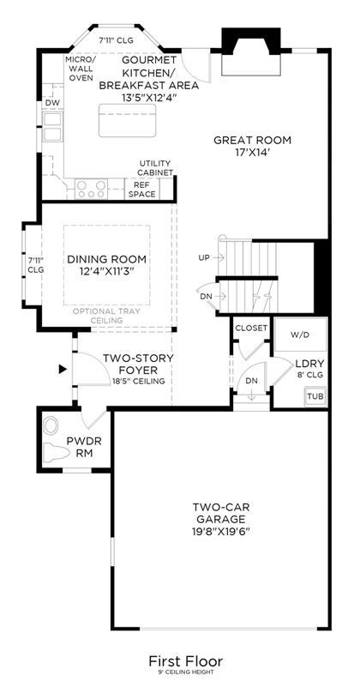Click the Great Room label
pos(252,146)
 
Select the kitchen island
pos(127,120)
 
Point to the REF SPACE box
pos(141,188)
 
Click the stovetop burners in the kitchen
pos(92,189)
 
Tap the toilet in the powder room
pos(57,452)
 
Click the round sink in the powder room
pos(51,425)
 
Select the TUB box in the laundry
pos(315,396)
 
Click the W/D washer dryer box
pos(300,335)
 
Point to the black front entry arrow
pos(63,369)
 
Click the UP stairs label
pos(205,257)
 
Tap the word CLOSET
pos(251,328)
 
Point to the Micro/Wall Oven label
pos(80,69)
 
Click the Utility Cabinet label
pos(155,167)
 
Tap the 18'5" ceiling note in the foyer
pos(139,381)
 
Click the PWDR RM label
pos(84,447)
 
